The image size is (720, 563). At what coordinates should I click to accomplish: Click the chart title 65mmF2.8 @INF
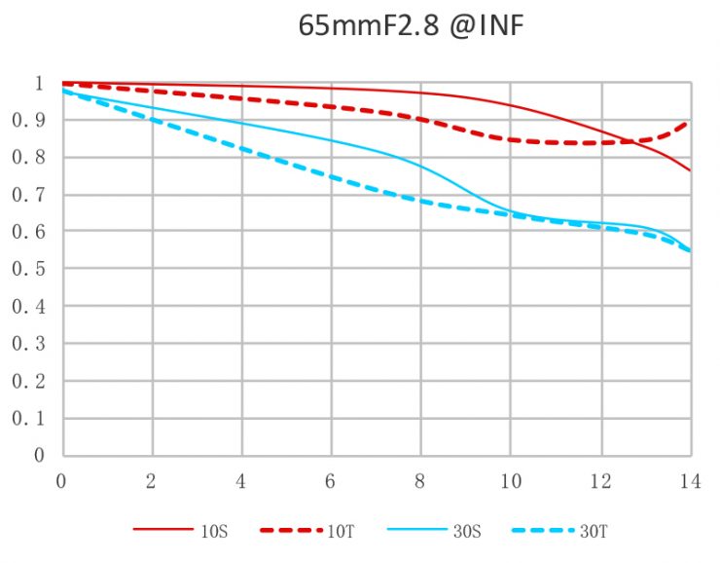411,26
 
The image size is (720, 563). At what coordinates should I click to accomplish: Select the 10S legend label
215,531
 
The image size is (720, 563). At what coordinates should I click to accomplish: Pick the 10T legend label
340,531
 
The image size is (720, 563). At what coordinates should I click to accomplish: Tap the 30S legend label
465,531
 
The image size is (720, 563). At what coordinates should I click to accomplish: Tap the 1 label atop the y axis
39,84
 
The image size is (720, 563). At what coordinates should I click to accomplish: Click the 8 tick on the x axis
421,481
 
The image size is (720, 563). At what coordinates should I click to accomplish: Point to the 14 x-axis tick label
689,481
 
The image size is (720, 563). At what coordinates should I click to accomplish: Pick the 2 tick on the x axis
152,481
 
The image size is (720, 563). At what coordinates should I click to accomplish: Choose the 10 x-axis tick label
510,481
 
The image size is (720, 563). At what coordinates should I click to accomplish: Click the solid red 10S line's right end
690,170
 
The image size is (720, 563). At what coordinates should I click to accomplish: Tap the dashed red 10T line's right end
689,123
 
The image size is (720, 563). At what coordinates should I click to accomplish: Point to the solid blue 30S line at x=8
421,168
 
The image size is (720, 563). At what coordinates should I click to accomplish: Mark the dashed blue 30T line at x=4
241,149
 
